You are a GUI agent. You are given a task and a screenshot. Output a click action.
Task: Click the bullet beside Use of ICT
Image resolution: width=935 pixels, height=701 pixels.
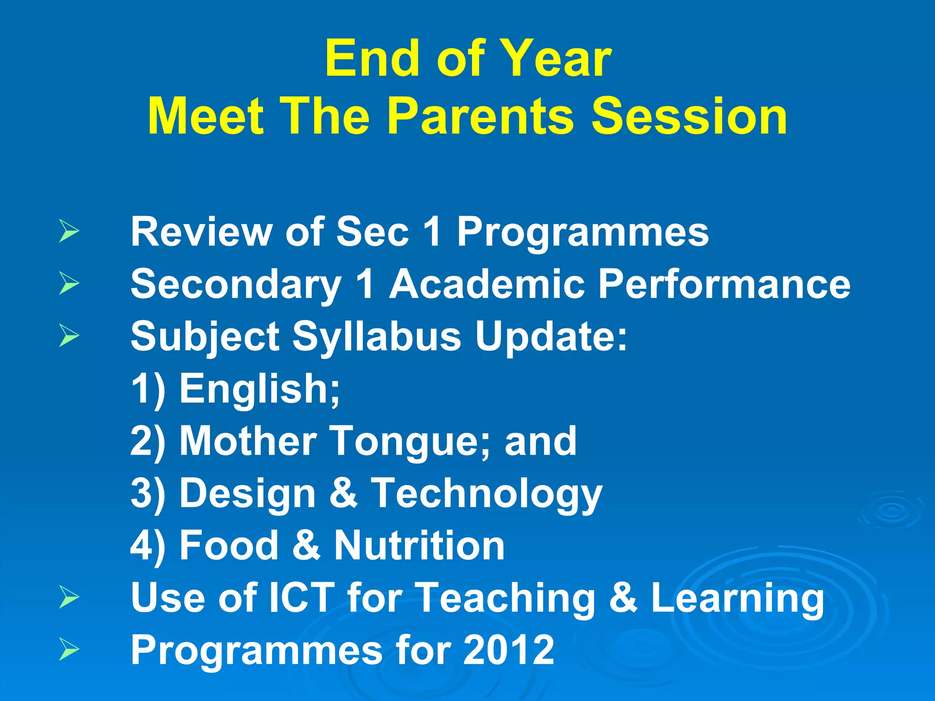[69, 598]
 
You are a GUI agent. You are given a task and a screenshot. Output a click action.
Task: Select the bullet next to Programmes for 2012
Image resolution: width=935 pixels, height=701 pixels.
[69, 650]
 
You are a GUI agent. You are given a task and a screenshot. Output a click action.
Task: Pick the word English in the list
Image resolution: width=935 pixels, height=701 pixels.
[259, 389]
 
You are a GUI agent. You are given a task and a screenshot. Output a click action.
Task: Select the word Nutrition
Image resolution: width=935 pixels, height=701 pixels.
[419, 546]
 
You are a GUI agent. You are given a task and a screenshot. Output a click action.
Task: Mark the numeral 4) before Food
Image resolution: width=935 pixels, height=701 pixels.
[147, 547]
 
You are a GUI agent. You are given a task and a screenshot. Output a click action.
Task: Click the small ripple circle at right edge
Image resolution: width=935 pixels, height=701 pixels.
[890, 511]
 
